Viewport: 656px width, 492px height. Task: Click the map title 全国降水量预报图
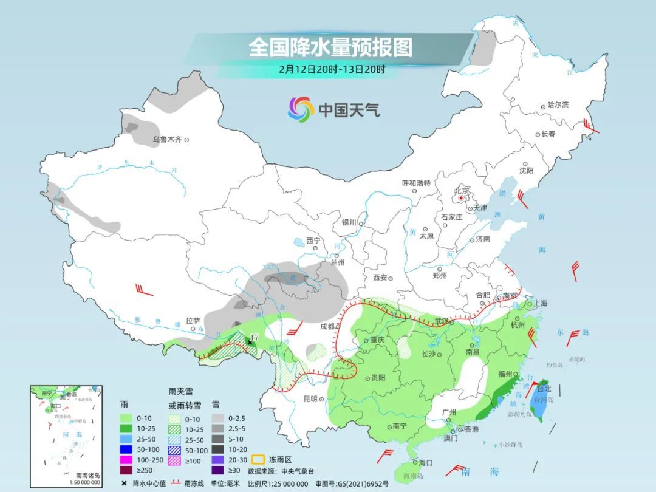point(330,47)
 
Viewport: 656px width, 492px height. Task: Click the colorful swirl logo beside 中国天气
point(300,109)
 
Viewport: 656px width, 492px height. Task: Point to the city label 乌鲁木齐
point(167,140)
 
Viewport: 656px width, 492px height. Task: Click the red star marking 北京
point(462,198)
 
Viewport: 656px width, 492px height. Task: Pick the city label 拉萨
point(193,320)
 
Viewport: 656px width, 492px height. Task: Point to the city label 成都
point(329,326)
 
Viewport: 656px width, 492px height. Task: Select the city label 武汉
point(444,321)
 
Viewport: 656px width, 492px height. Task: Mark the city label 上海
point(541,304)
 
